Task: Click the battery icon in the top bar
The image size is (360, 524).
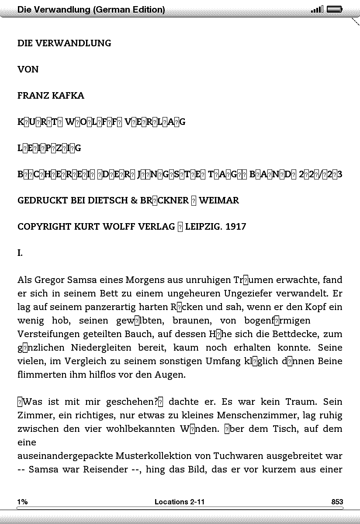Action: (335, 9)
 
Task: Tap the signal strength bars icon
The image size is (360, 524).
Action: (317, 9)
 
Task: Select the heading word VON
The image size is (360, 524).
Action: (28, 69)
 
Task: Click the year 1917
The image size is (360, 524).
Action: (236, 227)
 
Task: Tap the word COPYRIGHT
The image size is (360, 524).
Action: (45, 227)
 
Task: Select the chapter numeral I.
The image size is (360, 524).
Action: (20, 253)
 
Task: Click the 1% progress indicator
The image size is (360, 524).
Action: (22, 502)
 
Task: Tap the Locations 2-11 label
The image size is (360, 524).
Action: (180, 502)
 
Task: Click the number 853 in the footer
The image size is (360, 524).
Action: (337, 502)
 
